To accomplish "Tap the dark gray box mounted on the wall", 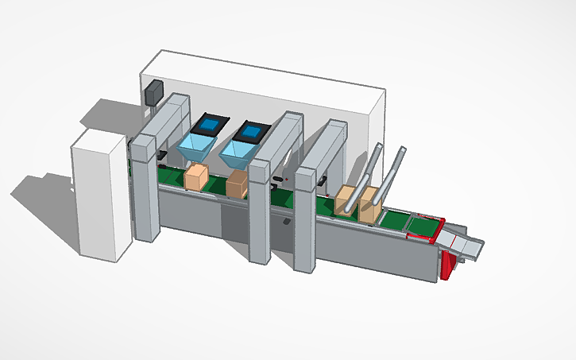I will click(x=153, y=93).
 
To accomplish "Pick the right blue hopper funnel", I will click(x=239, y=151).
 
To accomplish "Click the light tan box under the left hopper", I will click(x=195, y=177).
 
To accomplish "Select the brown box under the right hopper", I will click(x=237, y=185).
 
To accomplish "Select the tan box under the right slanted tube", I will click(x=369, y=208).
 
